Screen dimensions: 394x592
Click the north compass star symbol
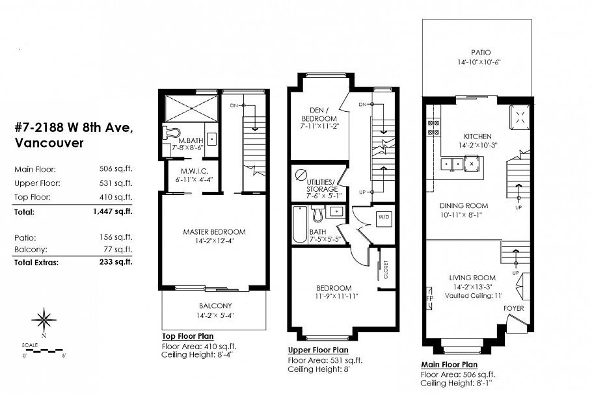click(x=44, y=319)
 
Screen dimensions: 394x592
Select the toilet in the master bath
click(x=171, y=134)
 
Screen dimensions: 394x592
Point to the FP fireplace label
click(x=429, y=300)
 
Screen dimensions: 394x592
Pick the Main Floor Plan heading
click(x=449, y=365)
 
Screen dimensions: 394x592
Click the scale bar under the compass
click(x=44, y=351)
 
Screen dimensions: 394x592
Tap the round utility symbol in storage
click(x=301, y=176)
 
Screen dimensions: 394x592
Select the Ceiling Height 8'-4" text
click(x=195, y=354)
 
